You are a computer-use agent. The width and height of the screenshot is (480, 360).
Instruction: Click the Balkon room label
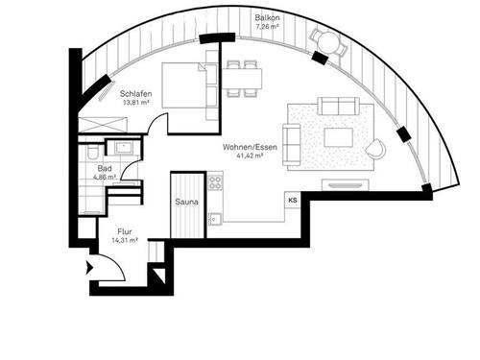(x=267, y=18)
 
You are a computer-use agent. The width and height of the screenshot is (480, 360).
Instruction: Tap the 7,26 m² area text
(x=267, y=27)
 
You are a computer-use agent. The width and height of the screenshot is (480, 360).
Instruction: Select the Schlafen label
(x=135, y=94)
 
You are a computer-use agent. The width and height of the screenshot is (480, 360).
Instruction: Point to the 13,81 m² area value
(x=135, y=103)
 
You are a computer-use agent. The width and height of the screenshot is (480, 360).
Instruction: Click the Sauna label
(x=186, y=203)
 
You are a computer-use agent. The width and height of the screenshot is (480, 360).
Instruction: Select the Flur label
(x=124, y=231)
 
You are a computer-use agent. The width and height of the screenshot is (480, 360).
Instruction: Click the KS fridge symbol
(x=292, y=200)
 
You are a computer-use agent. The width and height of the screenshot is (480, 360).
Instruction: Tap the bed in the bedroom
(x=183, y=84)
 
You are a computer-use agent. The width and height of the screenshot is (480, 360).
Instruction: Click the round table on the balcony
(x=324, y=40)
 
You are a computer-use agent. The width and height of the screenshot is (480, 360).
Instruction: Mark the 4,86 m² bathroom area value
(x=104, y=178)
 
